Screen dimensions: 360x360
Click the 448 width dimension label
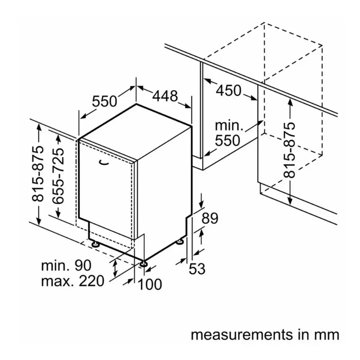click(x=165, y=95)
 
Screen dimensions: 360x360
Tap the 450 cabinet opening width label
click(x=228, y=91)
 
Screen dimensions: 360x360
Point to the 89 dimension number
click(x=210, y=218)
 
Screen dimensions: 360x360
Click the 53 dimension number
click(x=197, y=269)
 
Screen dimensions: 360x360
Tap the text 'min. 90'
click(x=66, y=265)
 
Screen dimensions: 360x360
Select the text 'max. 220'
click(x=73, y=281)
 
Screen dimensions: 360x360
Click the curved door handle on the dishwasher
click(x=104, y=162)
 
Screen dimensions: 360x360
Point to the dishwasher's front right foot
click(x=144, y=264)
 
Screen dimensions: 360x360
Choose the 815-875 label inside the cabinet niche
click(x=291, y=150)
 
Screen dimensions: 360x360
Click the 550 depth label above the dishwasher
click(x=104, y=101)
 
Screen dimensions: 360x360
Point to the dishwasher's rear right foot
click(x=180, y=241)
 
